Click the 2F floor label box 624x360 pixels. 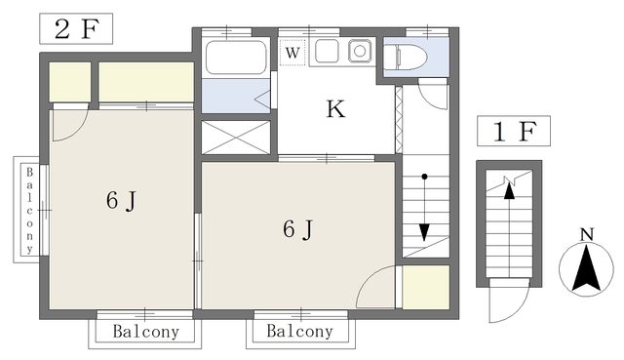click(x=75, y=29)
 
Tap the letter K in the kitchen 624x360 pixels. click(x=334, y=109)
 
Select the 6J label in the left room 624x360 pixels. click(x=121, y=202)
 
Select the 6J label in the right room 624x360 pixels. click(x=297, y=229)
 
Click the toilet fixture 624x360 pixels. click(x=406, y=58)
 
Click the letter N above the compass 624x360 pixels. click(x=586, y=234)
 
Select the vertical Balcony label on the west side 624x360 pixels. click(x=30, y=210)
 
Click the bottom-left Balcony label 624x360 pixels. click(x=145, y=332)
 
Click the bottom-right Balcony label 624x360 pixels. click(x=299, y=332)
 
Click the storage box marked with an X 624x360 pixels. click(x=237, y=136)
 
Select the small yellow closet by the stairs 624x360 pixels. click(x=425, y=287)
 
